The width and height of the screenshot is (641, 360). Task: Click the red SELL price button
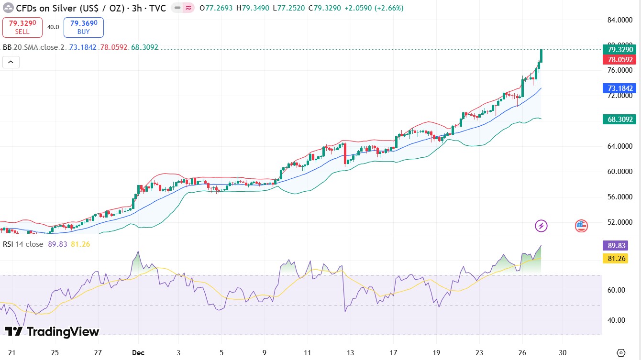22,27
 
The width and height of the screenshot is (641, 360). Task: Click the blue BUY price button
83,27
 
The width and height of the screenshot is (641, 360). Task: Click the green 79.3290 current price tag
620,50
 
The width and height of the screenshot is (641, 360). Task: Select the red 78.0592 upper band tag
620,60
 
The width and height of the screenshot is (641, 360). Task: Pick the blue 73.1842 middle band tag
620,88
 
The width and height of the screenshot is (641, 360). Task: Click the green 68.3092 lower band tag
620,119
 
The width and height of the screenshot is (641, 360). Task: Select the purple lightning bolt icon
541,226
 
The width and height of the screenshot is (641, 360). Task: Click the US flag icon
581,226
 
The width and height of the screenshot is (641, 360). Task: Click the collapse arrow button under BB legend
11,62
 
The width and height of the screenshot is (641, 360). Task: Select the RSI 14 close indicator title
23,244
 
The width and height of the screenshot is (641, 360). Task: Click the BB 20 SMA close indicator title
33,47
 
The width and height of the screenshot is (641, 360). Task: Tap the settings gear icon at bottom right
621,352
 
